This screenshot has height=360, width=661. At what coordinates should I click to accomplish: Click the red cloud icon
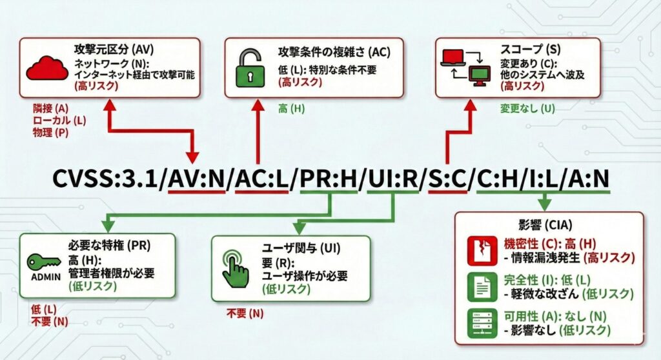click(x=46, y=67)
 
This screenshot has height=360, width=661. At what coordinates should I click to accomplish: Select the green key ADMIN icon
click(x=44, y=265)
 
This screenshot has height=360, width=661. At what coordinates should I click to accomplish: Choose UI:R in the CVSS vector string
click(x=390, y=178)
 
